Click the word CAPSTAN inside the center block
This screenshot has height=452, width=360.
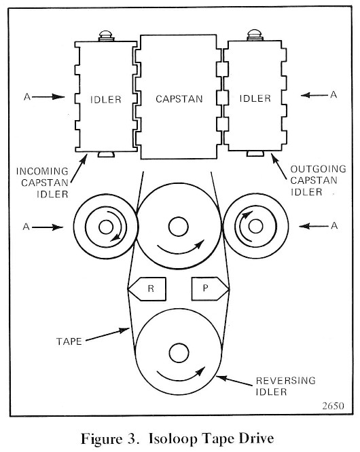pyautogui.click(x=179, y=99)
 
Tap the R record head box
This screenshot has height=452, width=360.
pyautogui.click(x=147, y=289)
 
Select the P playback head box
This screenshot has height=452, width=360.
pyautogui.click(x=211, y=288)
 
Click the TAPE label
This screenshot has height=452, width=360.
pyautogui.click(x=69, y=341)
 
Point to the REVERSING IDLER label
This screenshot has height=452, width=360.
pyautogui.click(x=285, y=386)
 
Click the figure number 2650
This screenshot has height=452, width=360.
pyautogui.click(x=334, y=406)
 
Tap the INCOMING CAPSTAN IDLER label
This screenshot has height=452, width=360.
pyautogui.click(x=42, y=183)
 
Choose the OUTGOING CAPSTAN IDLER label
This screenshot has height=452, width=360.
pyautogui.click(x=318, y=181)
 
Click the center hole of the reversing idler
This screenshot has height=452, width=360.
pyautogui.click(x=179, y=353)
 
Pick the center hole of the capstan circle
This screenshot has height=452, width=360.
pyautogui.click(x=179, y=227)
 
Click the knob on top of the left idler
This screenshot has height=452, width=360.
pyautogui.click(x=106, y=35)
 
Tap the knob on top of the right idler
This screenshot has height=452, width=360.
pyautogui.click(x=255, y=35)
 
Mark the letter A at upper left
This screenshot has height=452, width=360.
pyautogui.click(x=27, y=96)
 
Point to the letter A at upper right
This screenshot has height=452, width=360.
pyautogui.click(x=334, y=94)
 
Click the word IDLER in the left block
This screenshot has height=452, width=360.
pyautogui.click(x=106, y=100)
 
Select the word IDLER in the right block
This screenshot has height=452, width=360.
pyautogui.click(x=255, y=98)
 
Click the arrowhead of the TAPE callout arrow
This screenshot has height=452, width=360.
pyautogui.click(x=125, y=330)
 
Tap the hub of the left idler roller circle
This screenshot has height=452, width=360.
pyautogui.click(x=106, y=227)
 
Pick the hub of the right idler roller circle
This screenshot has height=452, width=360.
pyautogui.click(x=255, y=226)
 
